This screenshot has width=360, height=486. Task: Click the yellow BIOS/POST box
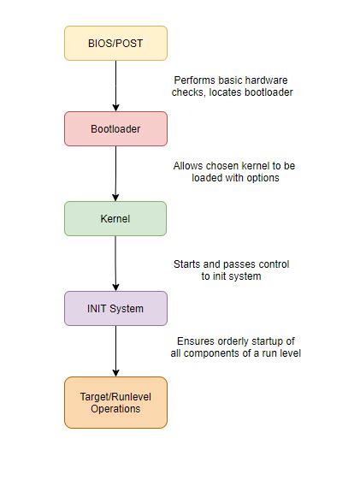[115, 43]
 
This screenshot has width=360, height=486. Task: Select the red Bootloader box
[115, 129]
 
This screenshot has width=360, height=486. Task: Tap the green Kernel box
[115, 218]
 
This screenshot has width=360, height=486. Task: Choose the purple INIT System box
[115, 308]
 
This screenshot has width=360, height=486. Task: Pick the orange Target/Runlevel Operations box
[115, 402]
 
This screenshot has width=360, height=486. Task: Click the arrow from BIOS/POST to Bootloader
[115, 86]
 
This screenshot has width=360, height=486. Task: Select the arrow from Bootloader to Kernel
[115, 174]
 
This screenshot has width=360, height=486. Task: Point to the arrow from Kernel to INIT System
[115, 263]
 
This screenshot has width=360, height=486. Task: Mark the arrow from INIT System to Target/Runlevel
[115, 351]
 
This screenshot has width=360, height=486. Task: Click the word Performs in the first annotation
[194, 80]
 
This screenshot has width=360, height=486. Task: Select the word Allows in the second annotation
[188, 166]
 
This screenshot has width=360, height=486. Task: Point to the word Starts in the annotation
[188, 264]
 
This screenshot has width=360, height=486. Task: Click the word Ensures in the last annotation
[197, 341]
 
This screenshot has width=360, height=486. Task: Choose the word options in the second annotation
[263, 178]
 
